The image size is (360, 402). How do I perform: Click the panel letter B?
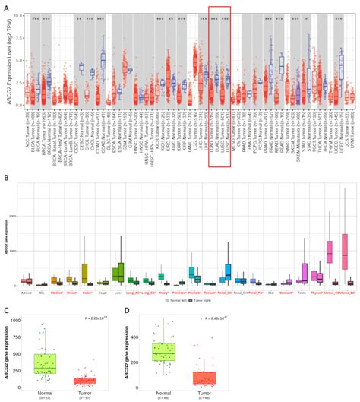[5, 200]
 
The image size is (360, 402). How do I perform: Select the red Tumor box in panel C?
[84, 380]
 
